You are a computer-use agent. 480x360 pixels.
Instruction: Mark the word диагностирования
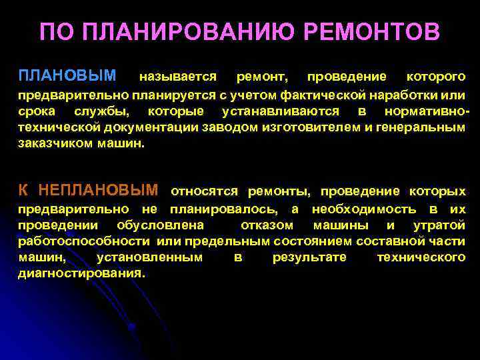(81, 273)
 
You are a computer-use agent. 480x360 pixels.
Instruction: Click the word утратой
(439, 225)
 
